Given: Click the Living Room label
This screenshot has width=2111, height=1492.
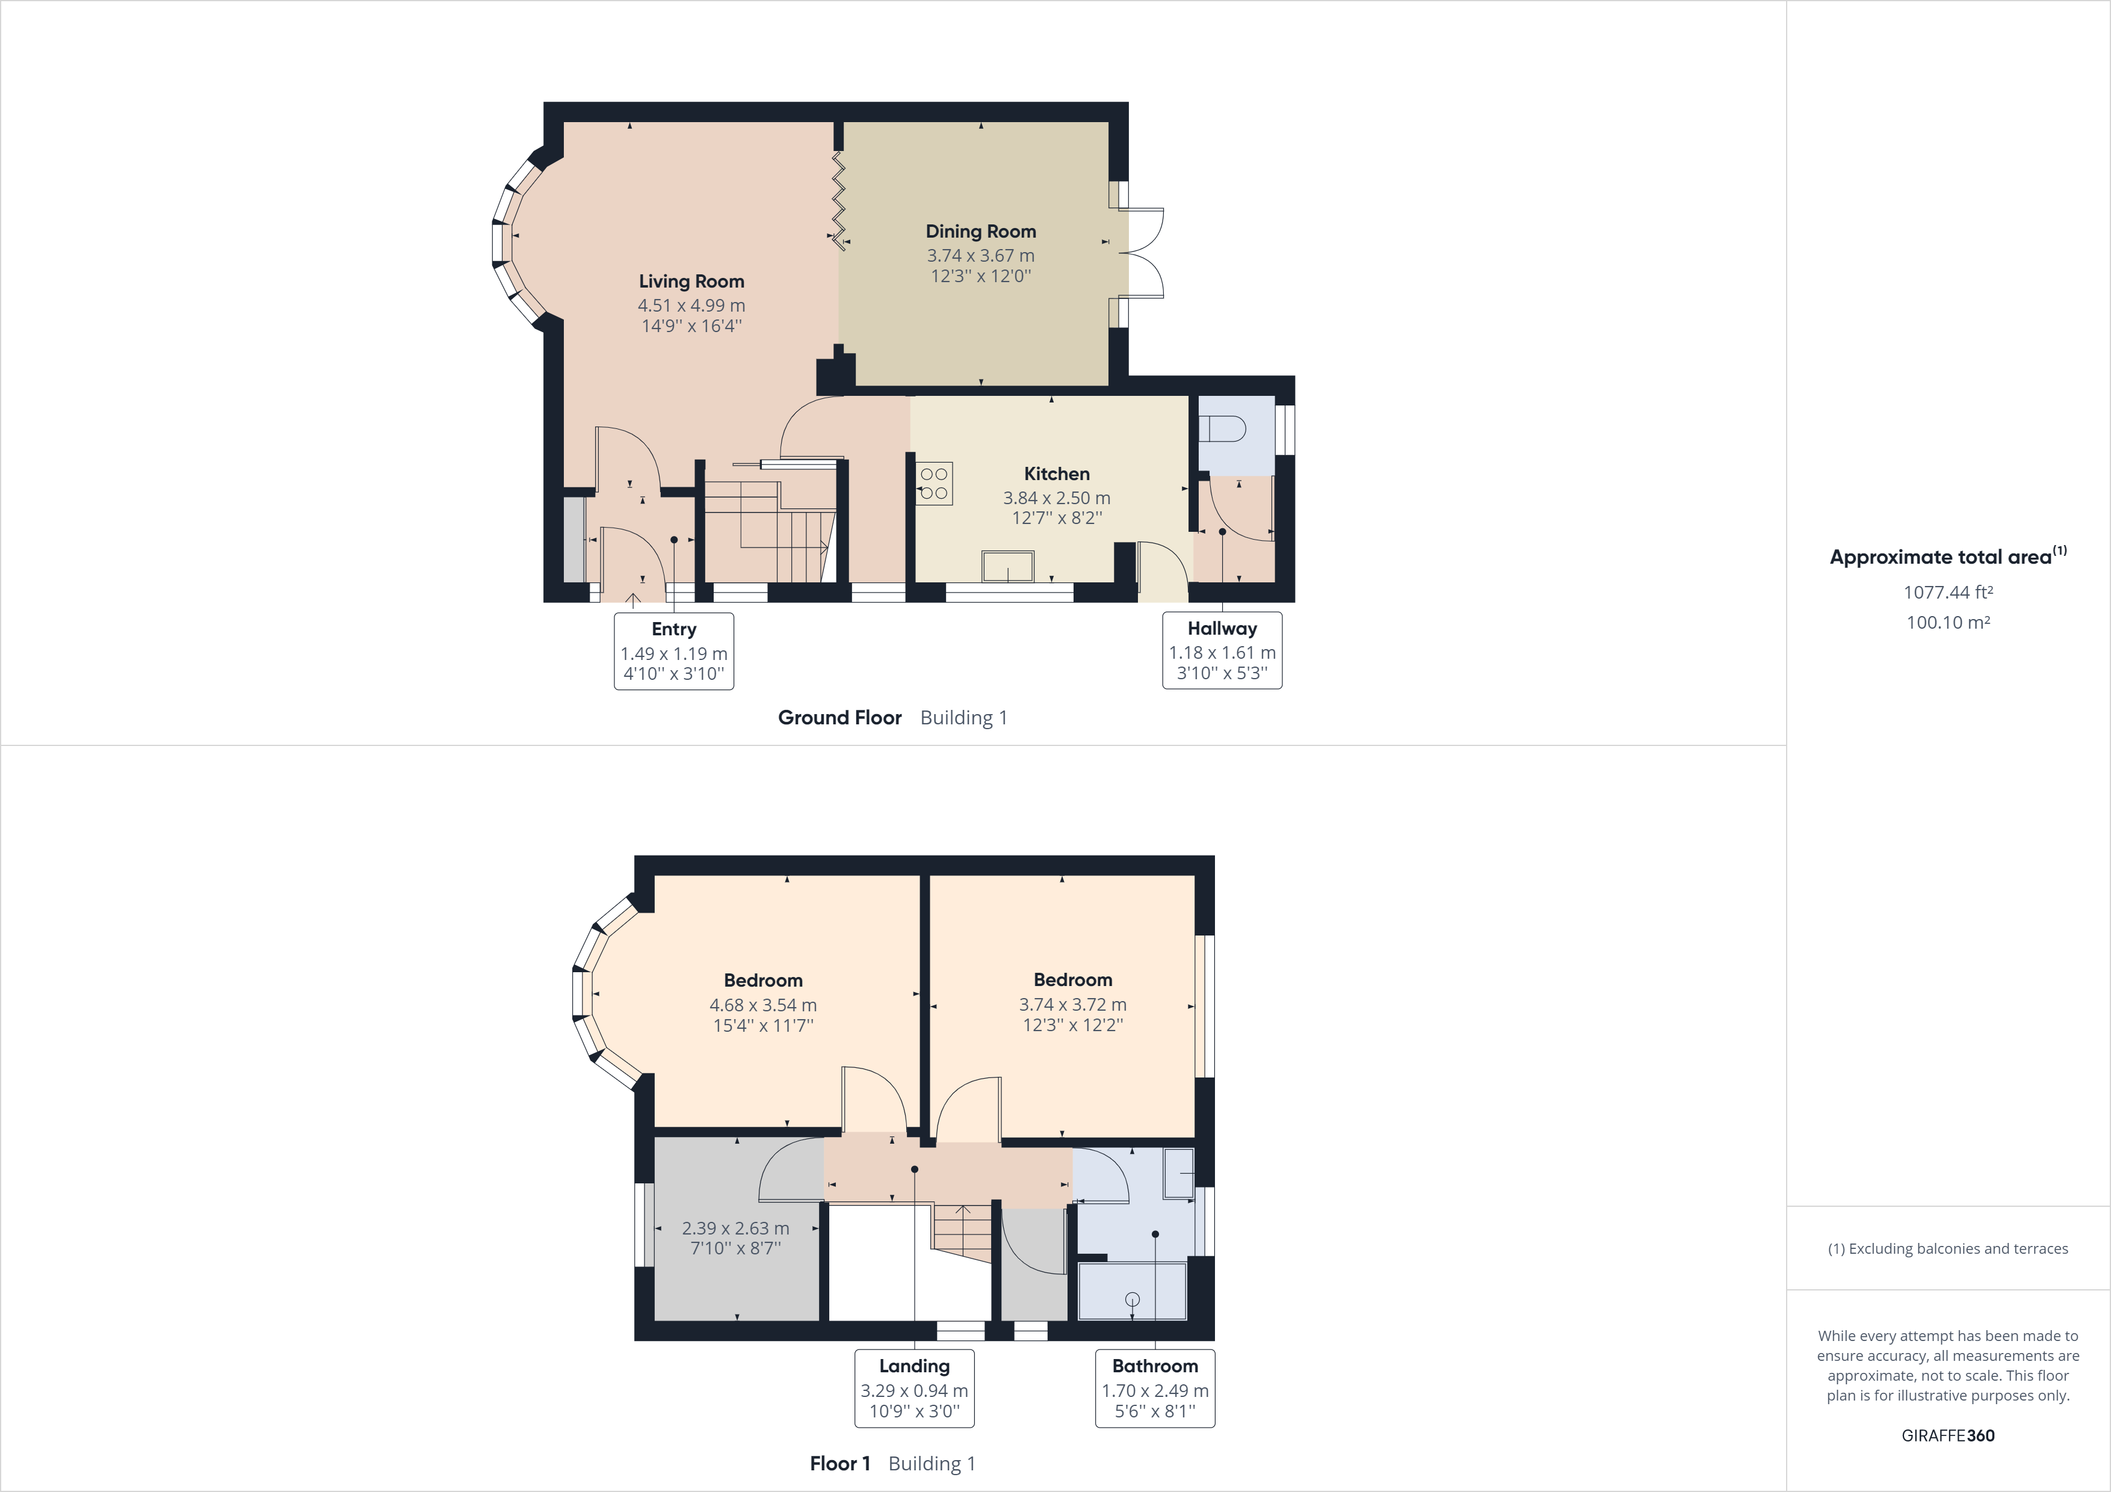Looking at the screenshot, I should point(691,282).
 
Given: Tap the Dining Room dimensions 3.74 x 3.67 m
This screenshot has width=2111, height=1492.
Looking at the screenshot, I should point(980,256).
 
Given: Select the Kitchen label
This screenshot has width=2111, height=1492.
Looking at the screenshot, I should point(1057,473).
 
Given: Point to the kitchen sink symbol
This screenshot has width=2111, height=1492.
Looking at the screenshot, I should point(1008,566).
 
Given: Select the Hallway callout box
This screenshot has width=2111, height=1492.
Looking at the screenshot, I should point(1222,650).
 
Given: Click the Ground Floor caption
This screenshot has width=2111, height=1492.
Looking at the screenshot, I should point(839,718).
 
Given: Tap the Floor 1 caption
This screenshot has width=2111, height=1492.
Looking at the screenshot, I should point(839,1464).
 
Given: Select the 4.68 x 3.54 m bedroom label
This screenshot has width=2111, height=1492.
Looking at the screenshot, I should point(763,1004).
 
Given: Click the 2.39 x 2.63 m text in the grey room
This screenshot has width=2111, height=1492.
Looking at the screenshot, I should point(735,1228).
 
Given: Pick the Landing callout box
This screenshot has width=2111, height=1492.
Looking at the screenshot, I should point(914,1388).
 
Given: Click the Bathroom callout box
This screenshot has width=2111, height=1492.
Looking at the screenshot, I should point(1155,1388).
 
